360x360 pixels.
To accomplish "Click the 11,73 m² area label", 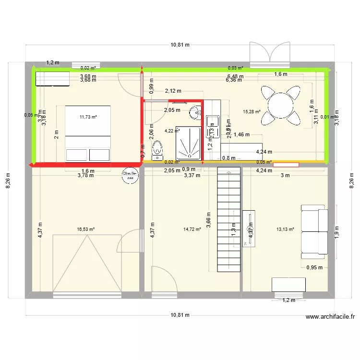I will click(88, 117).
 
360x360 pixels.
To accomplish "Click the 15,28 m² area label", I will click(252, 112).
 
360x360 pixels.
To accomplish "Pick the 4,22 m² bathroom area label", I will click(172, 130).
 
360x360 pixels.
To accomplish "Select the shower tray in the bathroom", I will click(188, 143).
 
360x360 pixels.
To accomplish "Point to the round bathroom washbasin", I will click(195, 113).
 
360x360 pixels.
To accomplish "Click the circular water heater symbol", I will click(129, 175).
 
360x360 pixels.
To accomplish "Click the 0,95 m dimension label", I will click(315, 268).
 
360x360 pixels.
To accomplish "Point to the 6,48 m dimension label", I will click(235, 76).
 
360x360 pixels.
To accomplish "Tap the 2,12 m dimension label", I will click(173, 91).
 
